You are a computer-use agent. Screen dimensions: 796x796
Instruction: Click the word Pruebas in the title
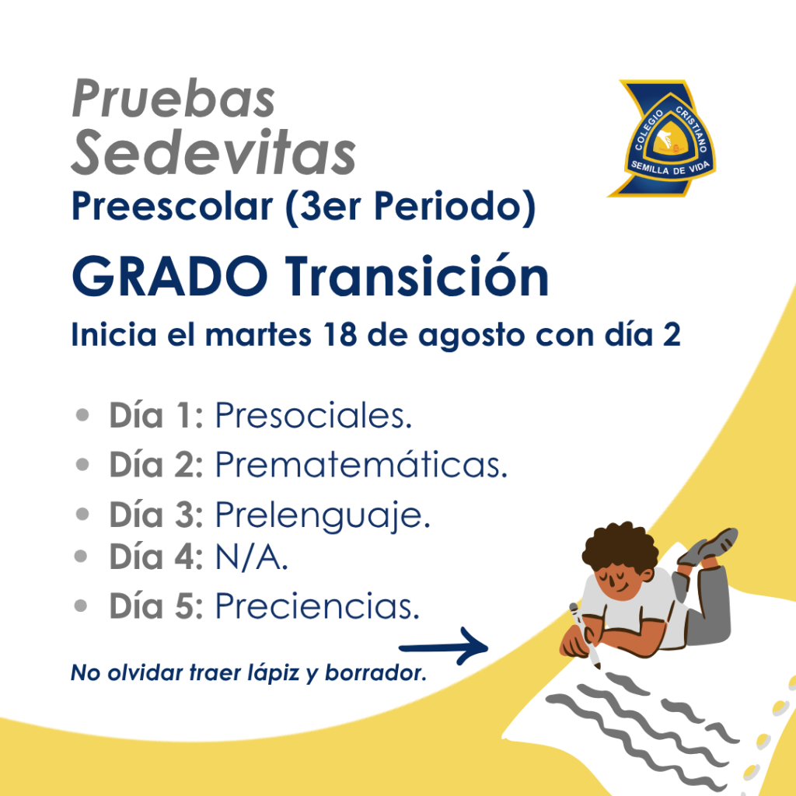pos(173,98)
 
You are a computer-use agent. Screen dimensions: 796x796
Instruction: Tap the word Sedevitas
pos(213,152)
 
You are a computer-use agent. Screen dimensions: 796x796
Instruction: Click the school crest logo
pos(662,138)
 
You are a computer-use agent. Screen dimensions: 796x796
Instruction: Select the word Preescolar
pos(173,206)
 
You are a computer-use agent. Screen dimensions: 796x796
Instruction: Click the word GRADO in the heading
pos(169,276)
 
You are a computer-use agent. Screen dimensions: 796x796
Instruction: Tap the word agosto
pos(471,337)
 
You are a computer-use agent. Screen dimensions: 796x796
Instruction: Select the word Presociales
pos(313,415)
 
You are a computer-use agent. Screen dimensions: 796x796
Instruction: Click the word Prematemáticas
pos(361,464)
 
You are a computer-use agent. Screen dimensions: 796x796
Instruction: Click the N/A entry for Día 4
pos(252,557)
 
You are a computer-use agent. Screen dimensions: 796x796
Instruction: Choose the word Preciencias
pos(318,606)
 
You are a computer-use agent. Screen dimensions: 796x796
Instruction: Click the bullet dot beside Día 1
pos(82,415)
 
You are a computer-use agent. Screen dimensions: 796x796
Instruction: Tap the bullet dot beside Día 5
pos(81,606)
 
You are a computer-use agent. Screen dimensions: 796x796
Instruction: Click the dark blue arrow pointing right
pos(444,646)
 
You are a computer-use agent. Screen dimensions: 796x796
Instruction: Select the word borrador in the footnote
pos(375,672)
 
